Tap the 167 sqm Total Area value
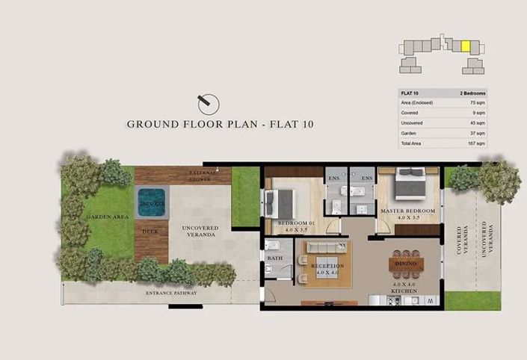pyautogui.click(x=476, y=143)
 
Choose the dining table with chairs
pyautogui.click(x=407, y=264)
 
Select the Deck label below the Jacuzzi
pyautogui.click(x=150, y=231)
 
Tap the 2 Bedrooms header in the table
pyautogui.click(x=472, y=93)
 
